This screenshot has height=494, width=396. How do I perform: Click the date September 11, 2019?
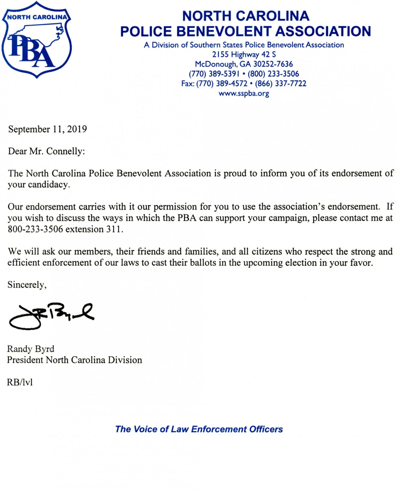point(47,129)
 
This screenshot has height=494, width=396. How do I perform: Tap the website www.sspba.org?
point(244,93)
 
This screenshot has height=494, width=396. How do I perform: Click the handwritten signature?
point(51,316)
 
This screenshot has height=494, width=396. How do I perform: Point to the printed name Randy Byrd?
point(31,349)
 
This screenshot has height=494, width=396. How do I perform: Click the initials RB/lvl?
point(20,382)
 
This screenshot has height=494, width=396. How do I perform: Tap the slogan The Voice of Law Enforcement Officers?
point(199,429)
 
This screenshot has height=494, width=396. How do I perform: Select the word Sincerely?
point(27,285)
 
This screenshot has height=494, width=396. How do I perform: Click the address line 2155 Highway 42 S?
point(244,55)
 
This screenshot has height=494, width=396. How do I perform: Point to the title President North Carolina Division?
point(75,360)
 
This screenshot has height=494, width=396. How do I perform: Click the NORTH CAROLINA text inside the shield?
point(37,17)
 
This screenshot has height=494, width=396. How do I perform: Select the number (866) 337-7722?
point(281,84)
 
